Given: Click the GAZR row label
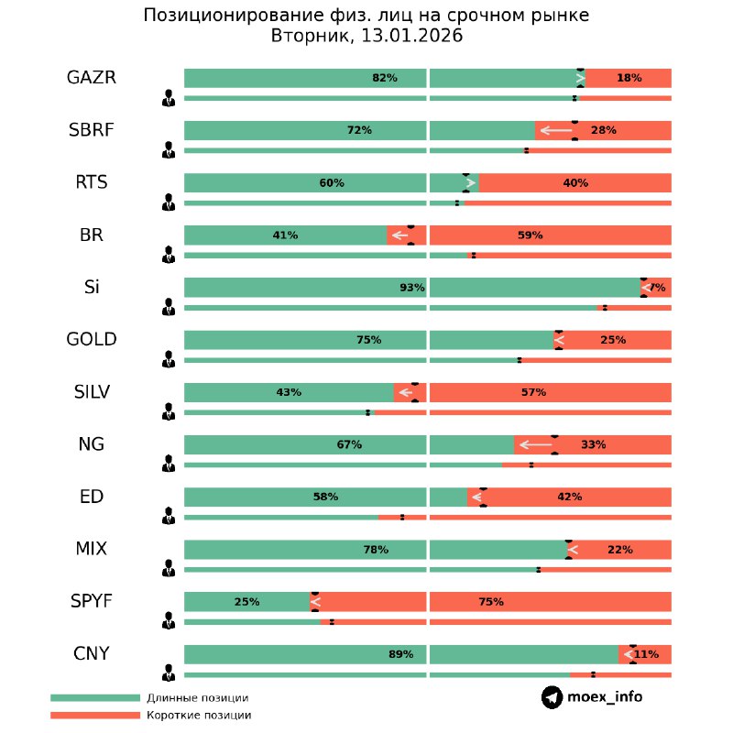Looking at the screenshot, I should [x=92, y=78].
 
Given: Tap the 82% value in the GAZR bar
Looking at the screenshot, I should [x=384, y=78].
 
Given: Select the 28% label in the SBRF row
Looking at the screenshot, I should [x=603, y=130].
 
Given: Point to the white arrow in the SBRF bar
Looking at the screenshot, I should [x=555, y=130].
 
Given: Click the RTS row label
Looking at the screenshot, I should [x=92, y=182].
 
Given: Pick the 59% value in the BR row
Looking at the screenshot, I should [x=530, y=235].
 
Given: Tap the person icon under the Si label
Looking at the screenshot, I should [x=168, y=306].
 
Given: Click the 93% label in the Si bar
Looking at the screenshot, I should [x=411, y=288].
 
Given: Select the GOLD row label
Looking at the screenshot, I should [x=92, y=340].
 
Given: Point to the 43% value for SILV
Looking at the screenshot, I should [x=289, y=392].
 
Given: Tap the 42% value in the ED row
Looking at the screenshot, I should [x=569, y=497].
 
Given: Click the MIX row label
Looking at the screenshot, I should [x=92, y=550].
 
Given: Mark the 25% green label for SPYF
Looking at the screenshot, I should [x=246, y=602].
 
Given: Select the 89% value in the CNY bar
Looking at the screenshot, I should [x=400, y=654].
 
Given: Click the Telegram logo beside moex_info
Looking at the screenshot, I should [x=552, y=697].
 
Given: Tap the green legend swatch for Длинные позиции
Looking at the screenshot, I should [x=94, y=698].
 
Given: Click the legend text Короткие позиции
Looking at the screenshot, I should [x=199, y=715].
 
